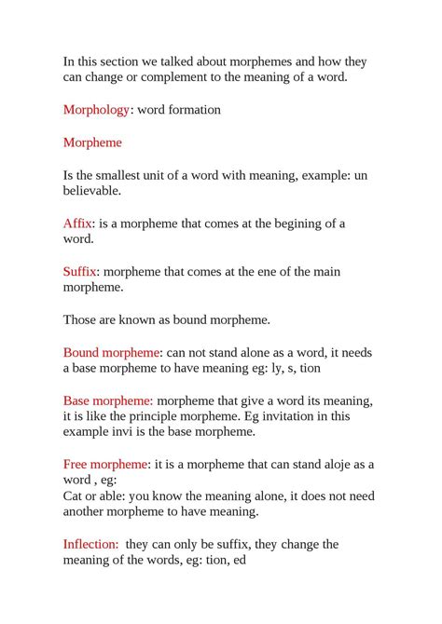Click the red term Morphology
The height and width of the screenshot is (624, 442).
coord(96,110)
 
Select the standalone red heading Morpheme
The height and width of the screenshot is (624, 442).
coord(92,142)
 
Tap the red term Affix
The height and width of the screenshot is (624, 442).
coord(77,224)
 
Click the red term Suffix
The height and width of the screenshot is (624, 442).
coord(80,272)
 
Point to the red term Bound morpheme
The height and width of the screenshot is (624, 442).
coord(112,353)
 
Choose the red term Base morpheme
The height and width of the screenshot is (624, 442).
coord(108,400)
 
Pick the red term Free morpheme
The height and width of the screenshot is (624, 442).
coord(105,464)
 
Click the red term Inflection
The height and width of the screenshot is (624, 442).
coord(90,544)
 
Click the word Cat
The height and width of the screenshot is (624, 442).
coord(74,495)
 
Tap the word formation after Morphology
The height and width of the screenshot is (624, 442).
coord(193,110)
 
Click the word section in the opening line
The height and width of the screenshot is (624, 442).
coord(127,61)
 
